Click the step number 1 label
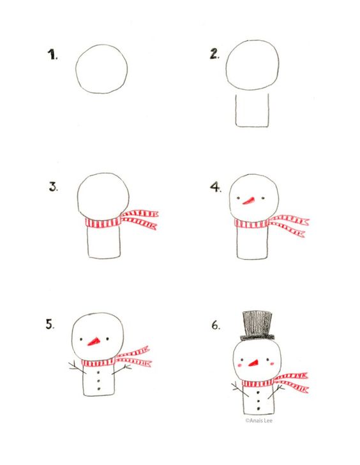pyautogui.click(x=52, y=55)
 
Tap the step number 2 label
pyautogui.click(x=215, y=54)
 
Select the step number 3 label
pyautogui.click(x=54, y=187)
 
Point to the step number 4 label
pyautogui.click(x=216, y=187)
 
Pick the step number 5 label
pyautogui.click(x=50, y=324)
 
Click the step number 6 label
pyautogui.click(x=216, y=325)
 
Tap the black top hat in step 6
pyautogui.click(x=257, y=325)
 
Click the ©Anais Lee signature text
pyautogui.click(x=259, y=420)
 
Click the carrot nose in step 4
pyautogui.click(x=249, y=200)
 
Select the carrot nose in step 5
pyautogui.click(x=94, y=342)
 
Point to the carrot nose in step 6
pyautogui.click(x=253, y=363)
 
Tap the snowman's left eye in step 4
pyautogui.click(x=238, y=198)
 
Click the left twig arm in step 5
pyautogui.click(x=77, y=367)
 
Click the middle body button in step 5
pyautogui.click(x=98, y=381)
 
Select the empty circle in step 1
pyautogui.click(x=75, y=69)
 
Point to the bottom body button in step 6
pyautogui.click(x=259, y=409)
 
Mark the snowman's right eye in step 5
pyautogui.click(x=107, y=338)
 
